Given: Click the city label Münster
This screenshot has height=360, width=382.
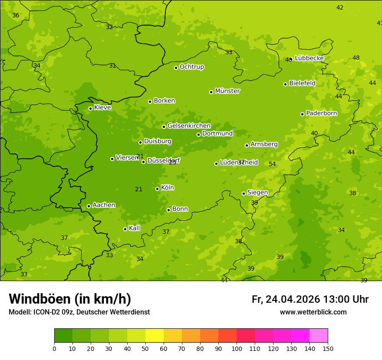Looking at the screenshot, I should [x=227, y=91].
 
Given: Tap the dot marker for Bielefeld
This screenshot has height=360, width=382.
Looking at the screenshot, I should [x=285, y=84].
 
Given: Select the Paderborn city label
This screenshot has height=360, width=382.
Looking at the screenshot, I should [x=321, y=113].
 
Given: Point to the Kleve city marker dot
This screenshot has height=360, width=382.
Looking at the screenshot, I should [x=90, y=108].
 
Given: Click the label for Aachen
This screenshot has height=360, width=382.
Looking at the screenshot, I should [x=104, y=205].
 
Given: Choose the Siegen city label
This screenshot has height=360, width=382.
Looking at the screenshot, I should [x=257, y=193].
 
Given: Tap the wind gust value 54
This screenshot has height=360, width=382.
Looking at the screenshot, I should [x=272, y=164].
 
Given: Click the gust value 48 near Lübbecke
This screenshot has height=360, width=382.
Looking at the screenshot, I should [x=356, y=58].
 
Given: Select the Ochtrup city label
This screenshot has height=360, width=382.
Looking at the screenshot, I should [x=191, y=67].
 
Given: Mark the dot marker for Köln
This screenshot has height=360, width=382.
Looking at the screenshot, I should [x=157, y=189].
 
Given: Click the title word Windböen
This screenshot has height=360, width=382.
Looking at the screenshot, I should [x=40, y=299].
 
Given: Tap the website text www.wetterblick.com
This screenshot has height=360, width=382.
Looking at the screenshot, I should [x=313, y=312].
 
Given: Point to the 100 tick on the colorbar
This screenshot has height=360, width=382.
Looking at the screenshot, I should [x=237, y=348].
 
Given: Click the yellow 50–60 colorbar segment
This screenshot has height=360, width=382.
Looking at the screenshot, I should [x=155, y=335].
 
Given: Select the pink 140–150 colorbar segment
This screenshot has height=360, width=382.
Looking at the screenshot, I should [x=319, y=335].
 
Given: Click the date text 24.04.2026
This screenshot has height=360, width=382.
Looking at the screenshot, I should [x=293, y=299].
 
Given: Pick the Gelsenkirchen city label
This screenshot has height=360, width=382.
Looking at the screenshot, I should [x=189, y=126].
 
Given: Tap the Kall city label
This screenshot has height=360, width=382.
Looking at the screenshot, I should [x=134, y=228].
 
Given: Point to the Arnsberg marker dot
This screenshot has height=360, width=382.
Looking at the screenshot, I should [x=247, y=145].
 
